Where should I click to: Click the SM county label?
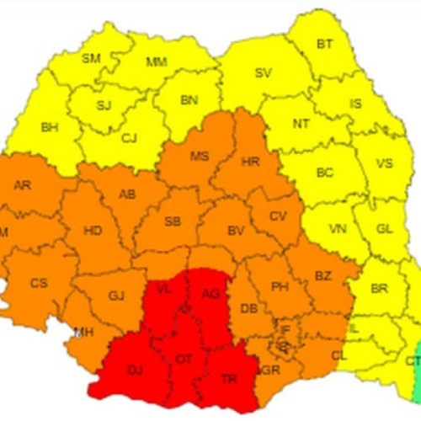tap(91, 58)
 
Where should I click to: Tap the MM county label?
tap(156, 62)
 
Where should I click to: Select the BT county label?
tap(324, 44)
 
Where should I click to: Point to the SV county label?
tap(263, 73)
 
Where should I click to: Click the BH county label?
tap(50, 126)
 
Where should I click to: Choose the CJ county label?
tap(130, 139)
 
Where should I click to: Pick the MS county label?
tap(199, 157)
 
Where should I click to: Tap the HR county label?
tap(250, 160)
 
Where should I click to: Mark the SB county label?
tap(173, 221)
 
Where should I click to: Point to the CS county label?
tap(39, 283)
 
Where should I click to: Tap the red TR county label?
tap(228, 378)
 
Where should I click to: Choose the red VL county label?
tap(165, 289)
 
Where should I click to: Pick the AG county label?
tap(210, 294)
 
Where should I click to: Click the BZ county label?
tap(323, 276)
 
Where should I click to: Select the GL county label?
tap(384, 228)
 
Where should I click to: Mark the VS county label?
tap(384, 163)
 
